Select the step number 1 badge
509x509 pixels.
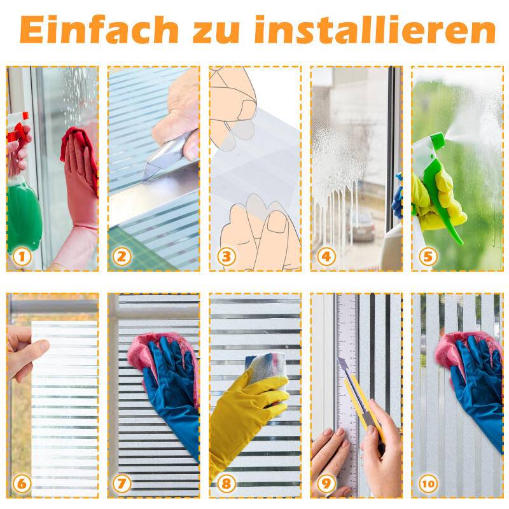22,256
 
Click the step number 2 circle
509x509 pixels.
123,256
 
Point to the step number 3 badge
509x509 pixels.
225,256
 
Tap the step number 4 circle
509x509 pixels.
326,256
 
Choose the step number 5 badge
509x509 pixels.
428,256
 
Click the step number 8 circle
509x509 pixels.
225,484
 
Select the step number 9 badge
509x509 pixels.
326,484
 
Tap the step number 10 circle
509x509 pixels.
428,484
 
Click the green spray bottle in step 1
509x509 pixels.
24,210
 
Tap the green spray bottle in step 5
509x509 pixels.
442,185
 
